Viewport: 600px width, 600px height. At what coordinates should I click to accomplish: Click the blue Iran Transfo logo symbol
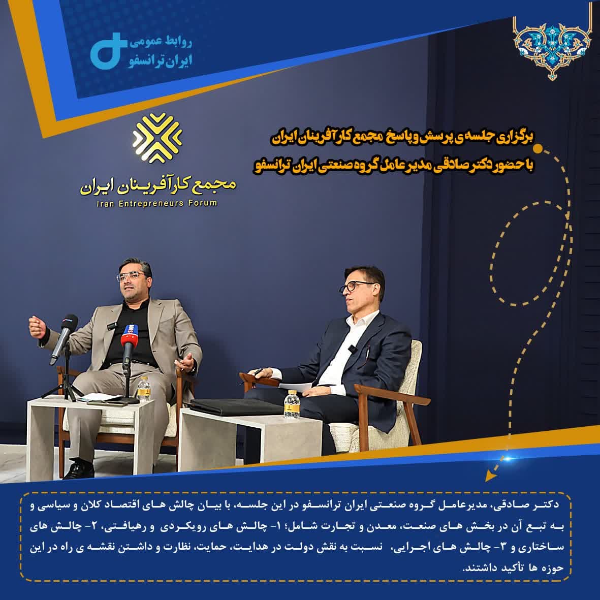tap(108, 51)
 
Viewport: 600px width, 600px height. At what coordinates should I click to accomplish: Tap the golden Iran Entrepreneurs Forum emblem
tap(157, 138)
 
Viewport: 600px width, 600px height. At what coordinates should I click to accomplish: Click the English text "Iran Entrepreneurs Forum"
tap(157, 203)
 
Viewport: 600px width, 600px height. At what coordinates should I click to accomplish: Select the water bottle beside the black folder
tap(292, 404)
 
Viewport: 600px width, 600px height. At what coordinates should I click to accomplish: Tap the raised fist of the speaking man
tap(38, 326)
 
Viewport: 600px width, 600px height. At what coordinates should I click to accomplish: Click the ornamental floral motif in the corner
tap(551, 48)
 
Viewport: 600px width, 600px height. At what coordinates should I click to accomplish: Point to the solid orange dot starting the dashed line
tap(538, 148)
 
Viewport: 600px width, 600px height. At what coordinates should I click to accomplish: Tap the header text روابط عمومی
tap(161, 42)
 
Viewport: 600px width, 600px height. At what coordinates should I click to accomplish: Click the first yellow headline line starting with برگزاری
tap(402, 137)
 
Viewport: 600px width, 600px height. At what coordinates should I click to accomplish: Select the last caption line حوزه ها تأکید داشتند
tap(513, 568)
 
